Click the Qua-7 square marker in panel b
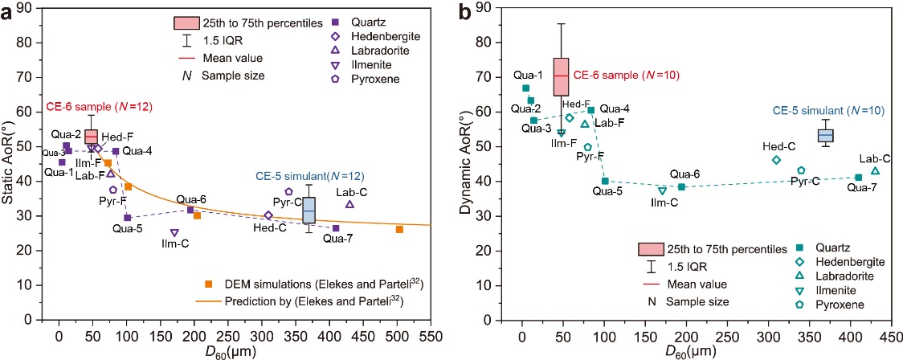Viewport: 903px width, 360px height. tap(859, 178)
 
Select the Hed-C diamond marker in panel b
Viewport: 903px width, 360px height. tap(776, 160)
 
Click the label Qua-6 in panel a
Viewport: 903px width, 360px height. tap(191, 199)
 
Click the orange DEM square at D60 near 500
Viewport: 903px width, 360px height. tap(399, 230)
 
